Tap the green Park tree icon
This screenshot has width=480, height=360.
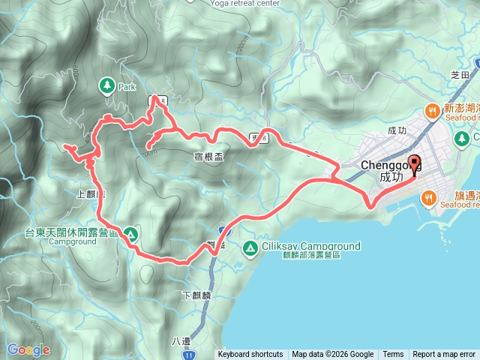106,86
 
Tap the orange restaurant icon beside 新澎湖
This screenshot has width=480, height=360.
432,112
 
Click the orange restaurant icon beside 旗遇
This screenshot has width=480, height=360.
428,198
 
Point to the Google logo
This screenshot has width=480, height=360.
28,349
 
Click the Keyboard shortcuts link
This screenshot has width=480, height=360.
250,355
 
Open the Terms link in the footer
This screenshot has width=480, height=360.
393,355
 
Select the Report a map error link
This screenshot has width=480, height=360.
444,355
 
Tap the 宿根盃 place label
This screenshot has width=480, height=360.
207,156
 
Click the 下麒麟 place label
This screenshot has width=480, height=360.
196,295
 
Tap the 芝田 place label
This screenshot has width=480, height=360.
459,75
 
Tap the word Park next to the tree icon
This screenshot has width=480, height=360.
127,87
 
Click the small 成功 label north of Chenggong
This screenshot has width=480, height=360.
397,130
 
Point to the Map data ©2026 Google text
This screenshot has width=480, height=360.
332,355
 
